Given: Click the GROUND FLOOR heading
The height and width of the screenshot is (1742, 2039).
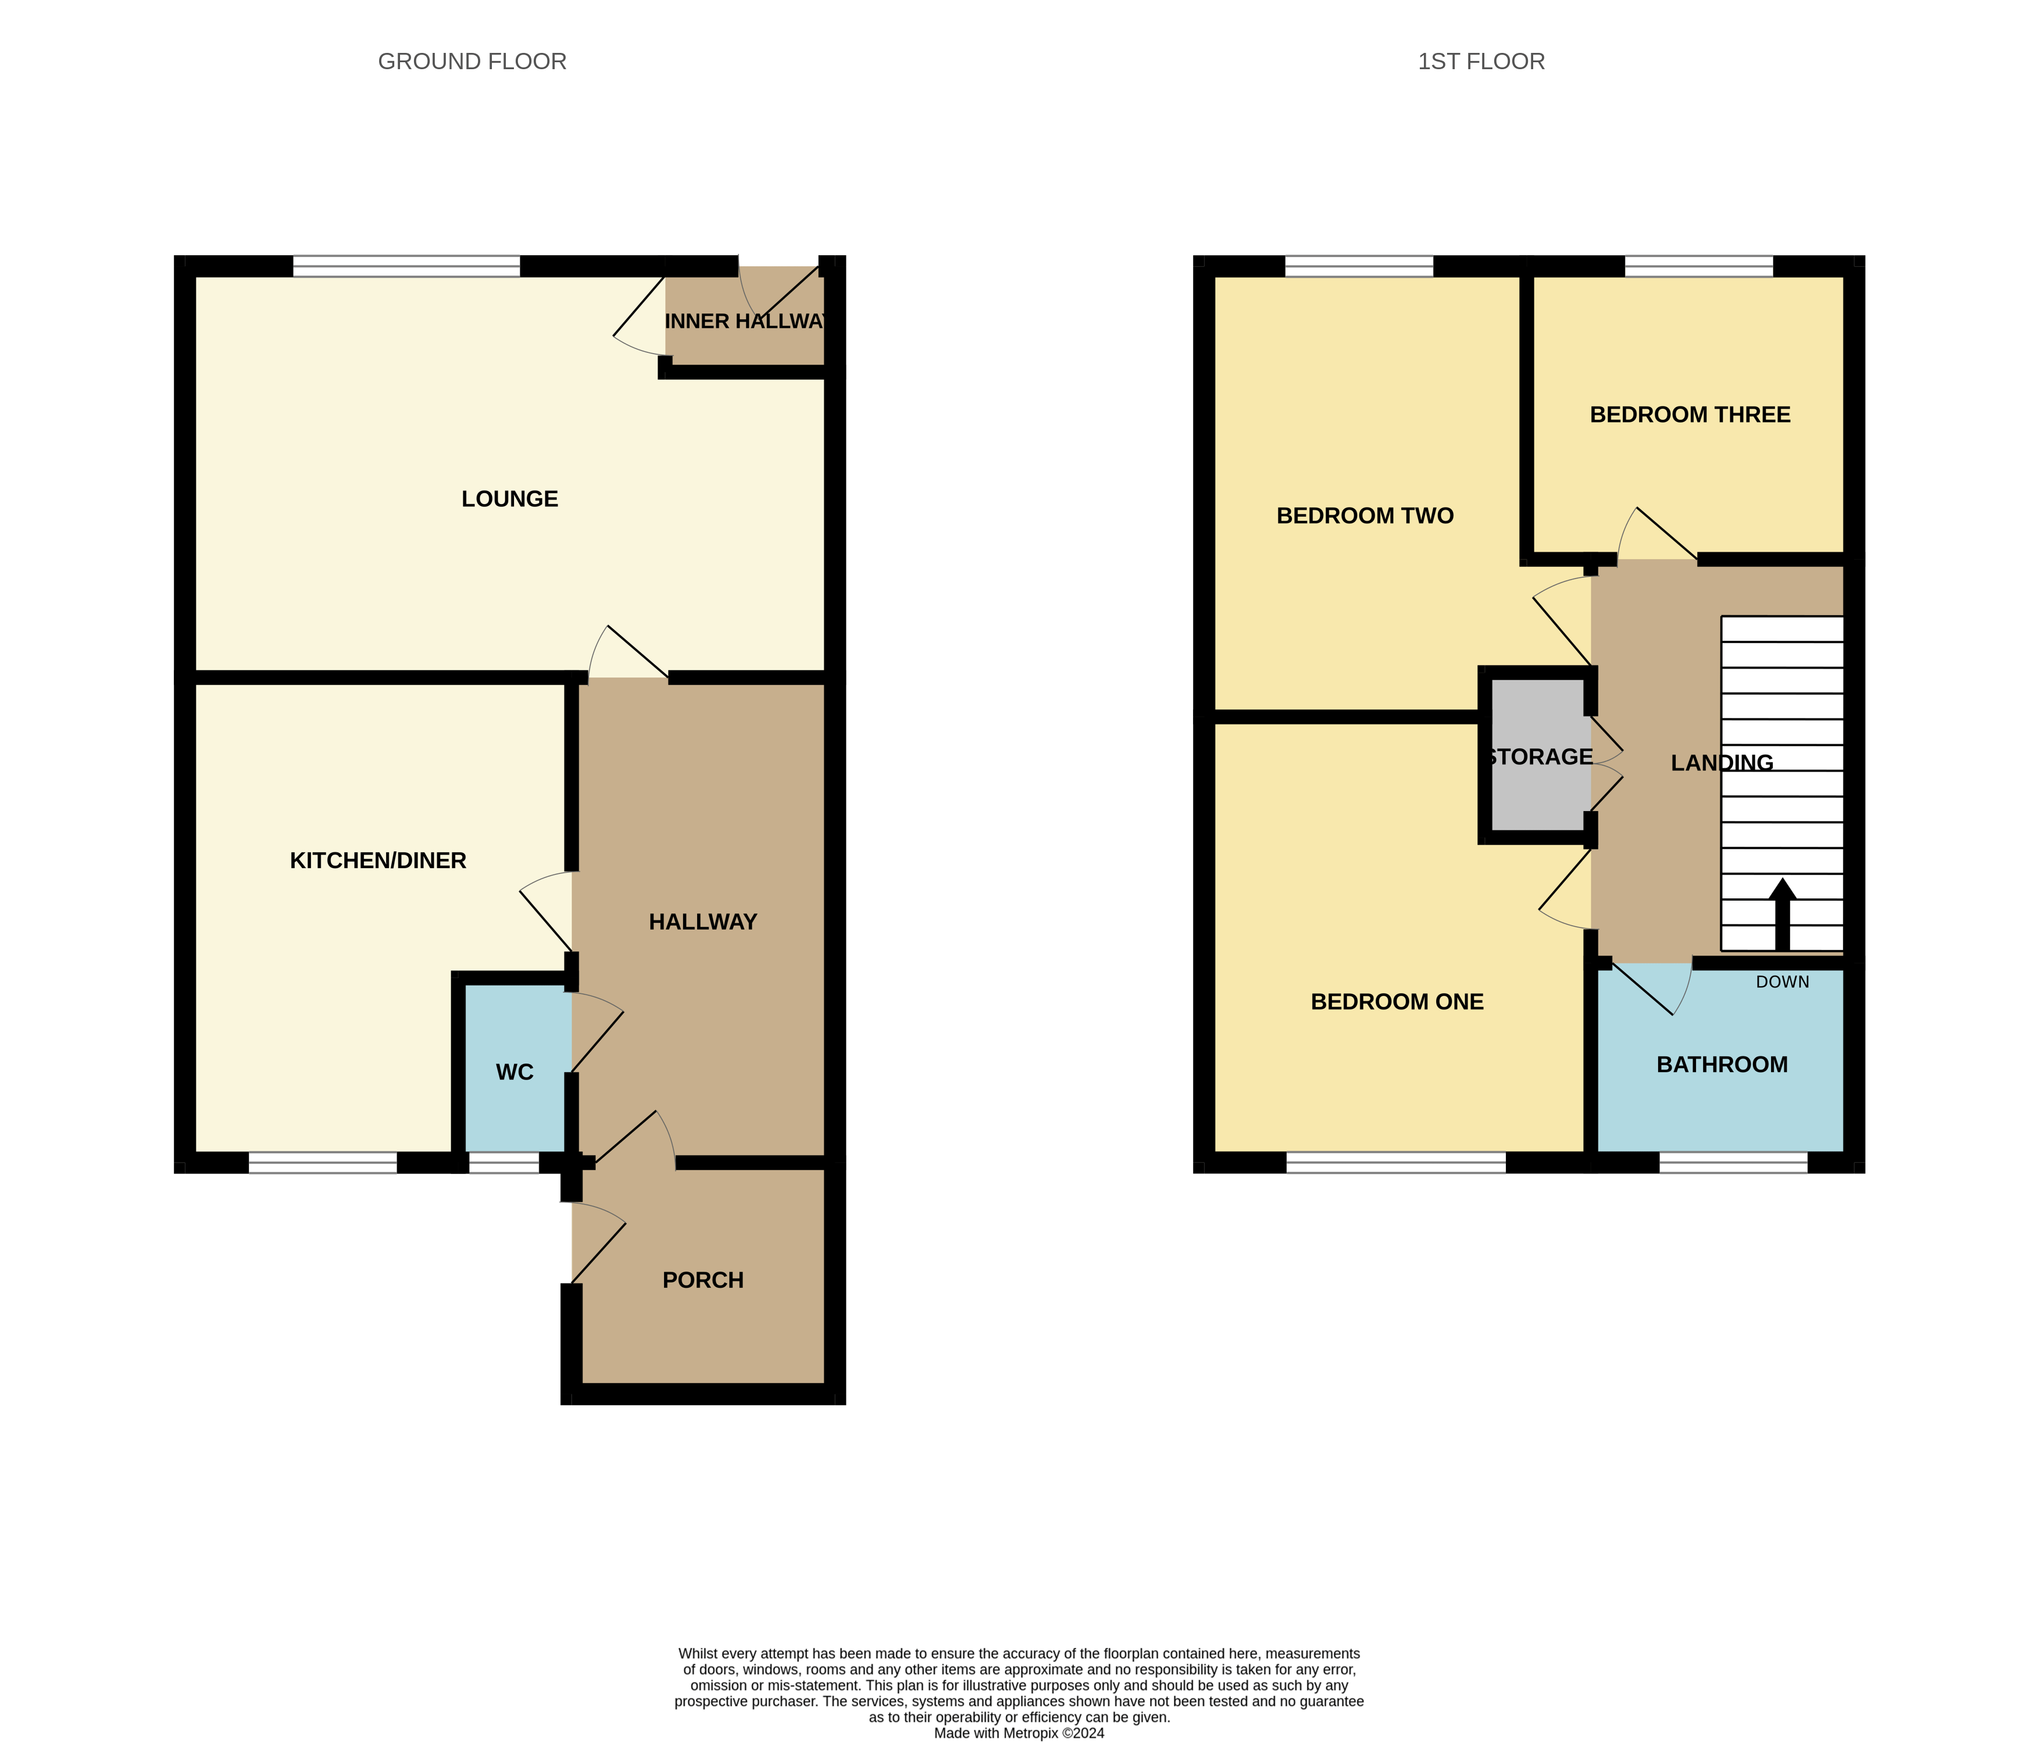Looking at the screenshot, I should (472, 61).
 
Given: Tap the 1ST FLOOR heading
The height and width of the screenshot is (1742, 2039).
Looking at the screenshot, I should (1481, 61).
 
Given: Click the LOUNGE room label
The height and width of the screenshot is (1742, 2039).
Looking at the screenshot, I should (510, 499).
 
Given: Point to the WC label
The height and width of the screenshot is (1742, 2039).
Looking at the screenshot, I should (515, 1072).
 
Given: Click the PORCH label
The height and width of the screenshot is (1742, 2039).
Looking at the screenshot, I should (702, 1279).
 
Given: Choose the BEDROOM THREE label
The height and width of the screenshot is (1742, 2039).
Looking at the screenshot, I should (1690, 415).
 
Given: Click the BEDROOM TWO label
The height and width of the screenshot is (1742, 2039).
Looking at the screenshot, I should (1365, 516).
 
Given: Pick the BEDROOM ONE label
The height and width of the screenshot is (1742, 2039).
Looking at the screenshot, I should (1397, 1002).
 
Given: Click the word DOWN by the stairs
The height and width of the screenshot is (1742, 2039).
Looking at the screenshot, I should (1782, 981).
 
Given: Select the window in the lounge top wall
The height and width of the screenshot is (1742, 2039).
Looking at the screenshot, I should (406, 266).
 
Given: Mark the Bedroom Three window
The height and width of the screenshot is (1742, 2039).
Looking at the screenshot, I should (1698, 266).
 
